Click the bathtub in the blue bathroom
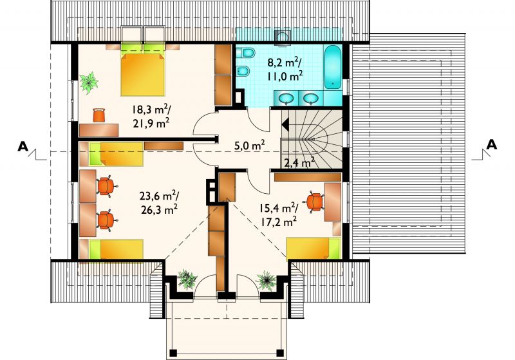coord(333,68)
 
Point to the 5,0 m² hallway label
coord(250,145)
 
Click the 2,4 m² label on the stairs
coord(299,162)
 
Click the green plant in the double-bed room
coord(88,82)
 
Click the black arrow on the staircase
coord(285,125)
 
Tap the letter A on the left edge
coord(23,146)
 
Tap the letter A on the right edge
coord(491,144)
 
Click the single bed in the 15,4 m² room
coord(314,249)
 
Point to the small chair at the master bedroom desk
coord(99,115)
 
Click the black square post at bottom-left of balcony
coord(173,353)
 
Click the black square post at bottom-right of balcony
coord(280,353)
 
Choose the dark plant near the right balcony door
coord(266,281)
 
